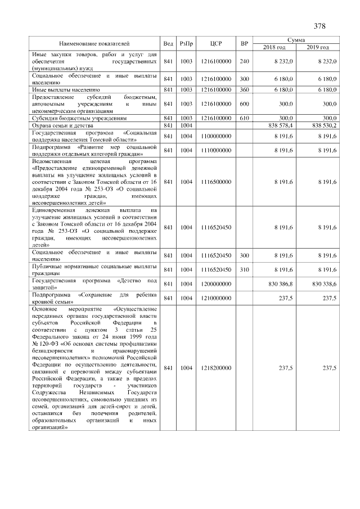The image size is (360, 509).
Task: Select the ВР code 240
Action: coord(244,61)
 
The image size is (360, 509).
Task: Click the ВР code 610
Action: coord(244,118)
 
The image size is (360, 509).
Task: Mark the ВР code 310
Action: coord(244,270)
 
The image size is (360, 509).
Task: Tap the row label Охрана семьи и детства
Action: coord(64,125)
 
